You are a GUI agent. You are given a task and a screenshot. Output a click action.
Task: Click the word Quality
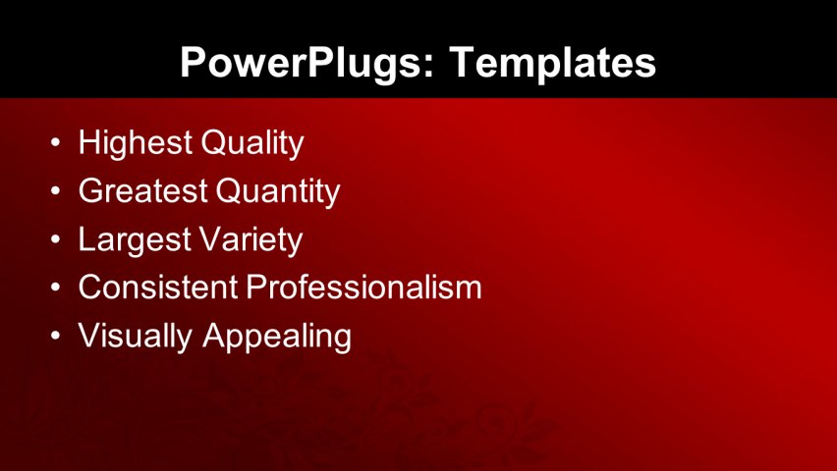coord(251,143)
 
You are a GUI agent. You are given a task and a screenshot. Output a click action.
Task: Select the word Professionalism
coord(363,288)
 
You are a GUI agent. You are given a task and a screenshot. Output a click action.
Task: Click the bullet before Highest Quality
coord(55,144)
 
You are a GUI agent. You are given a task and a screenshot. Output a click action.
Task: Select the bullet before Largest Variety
coord(55,240)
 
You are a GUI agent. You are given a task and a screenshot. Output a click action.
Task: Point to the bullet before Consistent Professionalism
coord(55,288)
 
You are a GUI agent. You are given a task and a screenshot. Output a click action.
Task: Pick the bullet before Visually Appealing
coord(55,337)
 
